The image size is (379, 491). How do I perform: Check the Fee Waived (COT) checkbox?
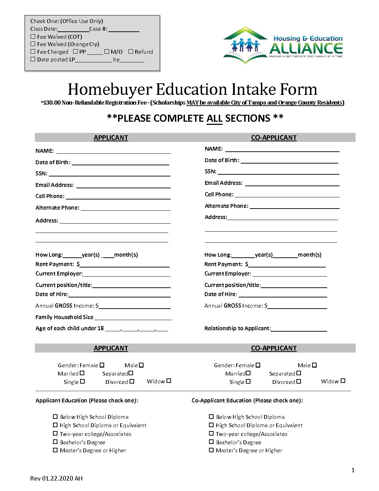(x=33, y=36)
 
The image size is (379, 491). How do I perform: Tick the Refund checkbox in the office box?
(x=131, y=51)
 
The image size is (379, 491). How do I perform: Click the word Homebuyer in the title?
(x=109, y=89)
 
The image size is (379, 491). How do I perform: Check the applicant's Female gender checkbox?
(x=102, y=365)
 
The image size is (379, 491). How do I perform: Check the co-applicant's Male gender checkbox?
(x=315, y=365)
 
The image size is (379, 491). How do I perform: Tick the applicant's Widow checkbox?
(x=169, y=381)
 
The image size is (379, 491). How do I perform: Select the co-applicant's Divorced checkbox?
(x=299, y=382)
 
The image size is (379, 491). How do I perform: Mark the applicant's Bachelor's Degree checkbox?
(x=55, y=442)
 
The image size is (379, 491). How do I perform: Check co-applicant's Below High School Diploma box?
(x=211, y=416)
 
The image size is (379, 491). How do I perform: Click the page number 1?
(x=353, y=470)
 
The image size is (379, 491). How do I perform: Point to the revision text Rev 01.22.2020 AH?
(x=56, y=478)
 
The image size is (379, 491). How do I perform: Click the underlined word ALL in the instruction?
(x=214, y=118)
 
